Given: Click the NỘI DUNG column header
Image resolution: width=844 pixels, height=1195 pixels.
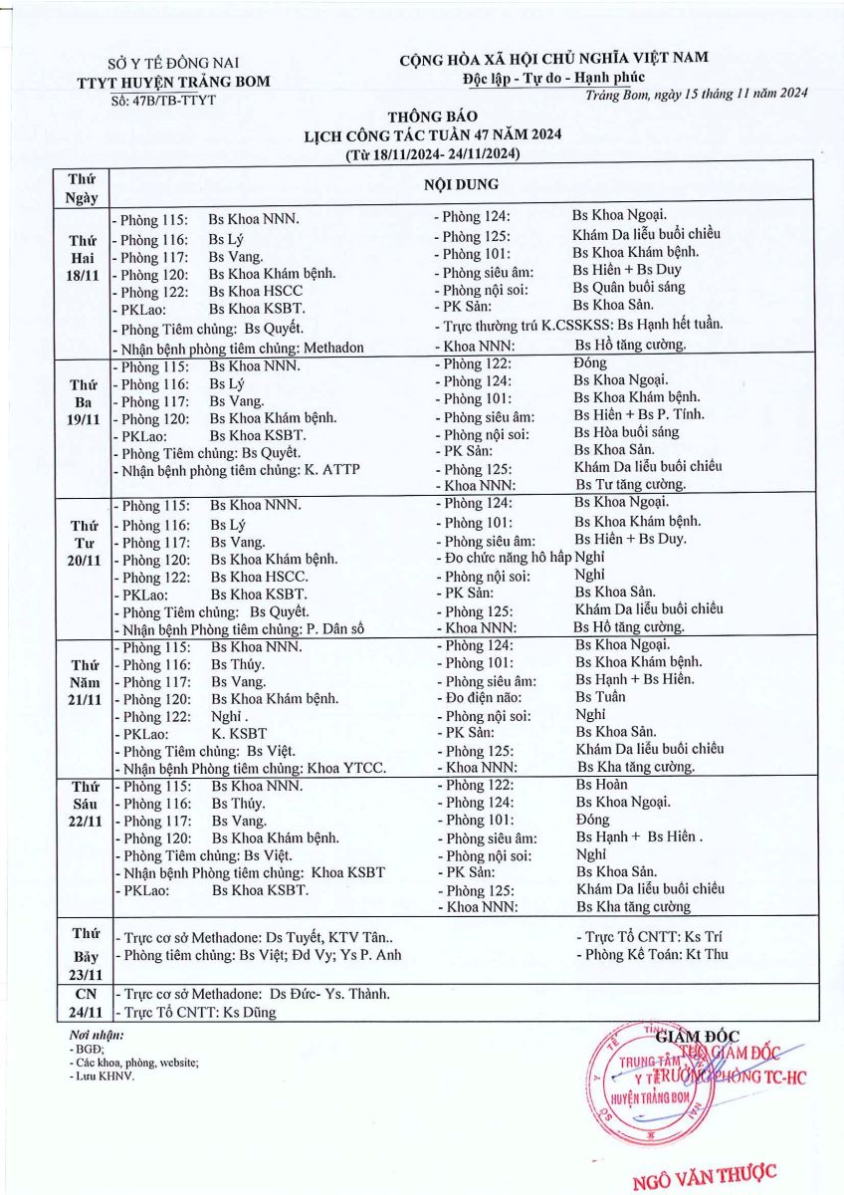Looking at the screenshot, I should (461, 185).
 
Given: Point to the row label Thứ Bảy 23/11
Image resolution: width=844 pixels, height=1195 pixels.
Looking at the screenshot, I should (83, 954).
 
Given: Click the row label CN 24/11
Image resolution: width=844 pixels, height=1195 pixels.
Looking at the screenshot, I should (83, 1003).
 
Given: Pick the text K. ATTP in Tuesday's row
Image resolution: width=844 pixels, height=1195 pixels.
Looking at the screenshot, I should (333, 469).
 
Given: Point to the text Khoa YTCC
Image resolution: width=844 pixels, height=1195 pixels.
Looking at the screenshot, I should (348, 768).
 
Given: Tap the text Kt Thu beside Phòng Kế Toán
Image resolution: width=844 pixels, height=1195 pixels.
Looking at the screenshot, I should (708, 955).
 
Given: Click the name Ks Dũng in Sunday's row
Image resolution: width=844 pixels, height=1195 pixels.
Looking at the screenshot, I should (250, 1012).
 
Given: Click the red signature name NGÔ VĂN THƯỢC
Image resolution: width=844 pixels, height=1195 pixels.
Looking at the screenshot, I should (705, 1176).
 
